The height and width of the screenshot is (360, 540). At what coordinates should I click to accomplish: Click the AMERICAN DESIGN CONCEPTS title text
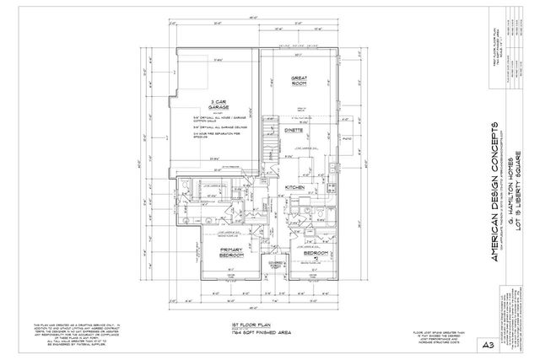[495, 195]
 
